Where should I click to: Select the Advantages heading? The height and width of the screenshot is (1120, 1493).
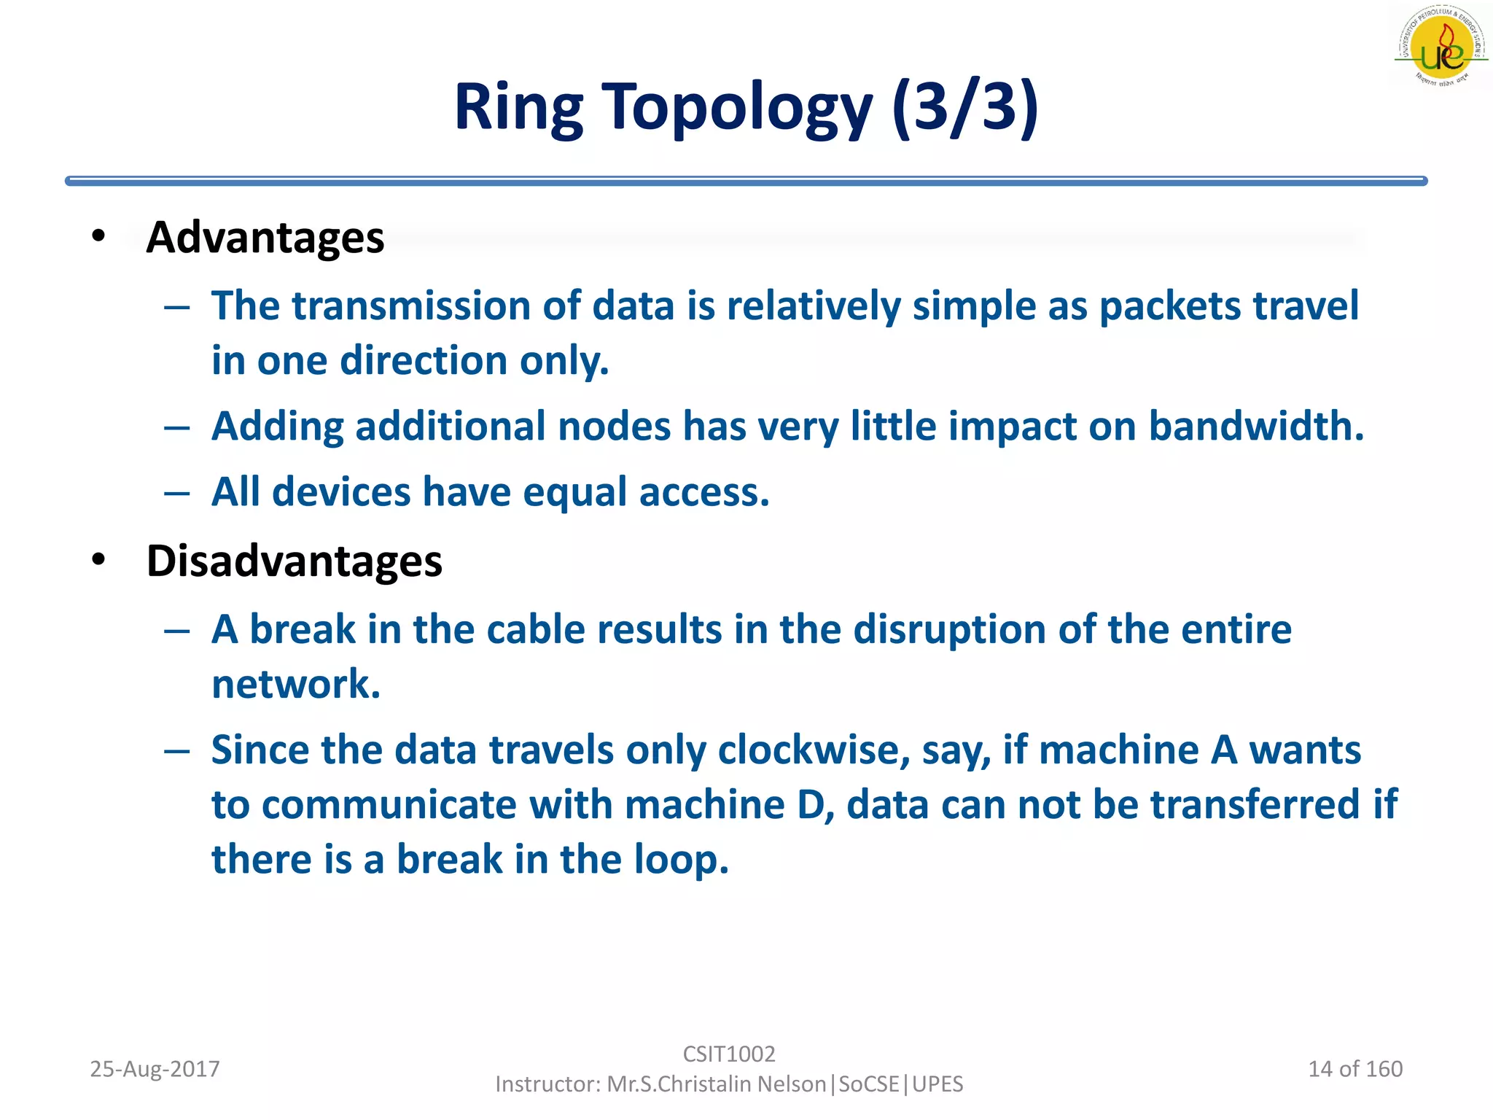click(x=265, y=238)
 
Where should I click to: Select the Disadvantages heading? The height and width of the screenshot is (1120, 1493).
click(x=294, y=561)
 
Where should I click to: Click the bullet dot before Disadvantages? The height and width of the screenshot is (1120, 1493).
click(x=98, y=560)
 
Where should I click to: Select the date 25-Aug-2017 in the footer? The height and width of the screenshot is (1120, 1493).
click(x=155, y=1069)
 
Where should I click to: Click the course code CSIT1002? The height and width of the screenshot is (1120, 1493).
click(x=729, y=1054)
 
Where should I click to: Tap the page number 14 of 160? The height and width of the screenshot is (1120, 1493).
click(x=1355, y=1069)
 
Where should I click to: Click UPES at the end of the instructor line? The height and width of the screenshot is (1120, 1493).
click(x=937, y=1084)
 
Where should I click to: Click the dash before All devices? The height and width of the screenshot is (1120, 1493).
click(x=177, y=494)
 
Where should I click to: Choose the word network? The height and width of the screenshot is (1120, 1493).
click(x=295, y=685)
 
